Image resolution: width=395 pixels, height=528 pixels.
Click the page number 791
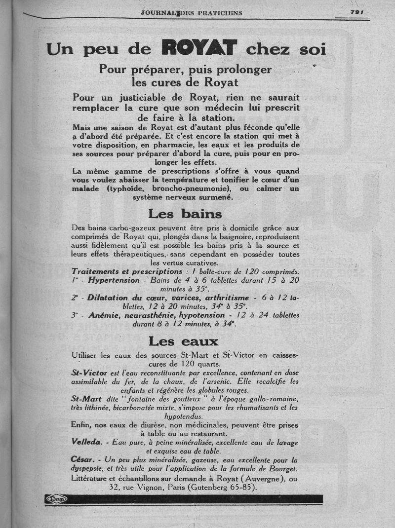pos(356,12)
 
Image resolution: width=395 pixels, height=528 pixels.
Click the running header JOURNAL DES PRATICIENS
pos(191,13)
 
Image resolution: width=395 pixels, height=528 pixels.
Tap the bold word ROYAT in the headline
pos(200,49)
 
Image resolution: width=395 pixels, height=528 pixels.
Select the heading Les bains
pos(185,214)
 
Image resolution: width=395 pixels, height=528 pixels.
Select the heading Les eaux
pos(183,341)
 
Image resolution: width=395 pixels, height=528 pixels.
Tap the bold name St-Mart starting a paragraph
pos(86,399)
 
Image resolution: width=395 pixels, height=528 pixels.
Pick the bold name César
pos(82,460)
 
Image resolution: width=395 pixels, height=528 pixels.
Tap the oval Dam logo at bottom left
pos(56,499)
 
